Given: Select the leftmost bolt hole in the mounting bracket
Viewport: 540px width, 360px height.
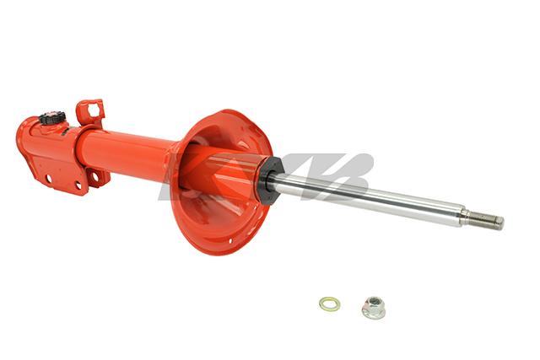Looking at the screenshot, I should (x=48, y=179).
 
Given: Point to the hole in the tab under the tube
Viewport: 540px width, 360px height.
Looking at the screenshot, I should (x=100, y=177).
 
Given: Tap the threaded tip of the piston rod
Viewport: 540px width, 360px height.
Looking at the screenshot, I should (x=488, y=220).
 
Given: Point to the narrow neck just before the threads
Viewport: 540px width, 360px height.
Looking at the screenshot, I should (x=465, y=216).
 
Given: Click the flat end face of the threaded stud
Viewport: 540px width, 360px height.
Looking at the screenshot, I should (x=501, y=223).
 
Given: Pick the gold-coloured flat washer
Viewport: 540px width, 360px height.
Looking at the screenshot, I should (x=329, y=304).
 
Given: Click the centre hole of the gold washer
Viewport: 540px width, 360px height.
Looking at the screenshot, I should (x=329, y=304).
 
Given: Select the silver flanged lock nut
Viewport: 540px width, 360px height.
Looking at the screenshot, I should (x=373, y=307).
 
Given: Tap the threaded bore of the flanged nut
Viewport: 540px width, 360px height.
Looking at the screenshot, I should (x=372, y=304).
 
